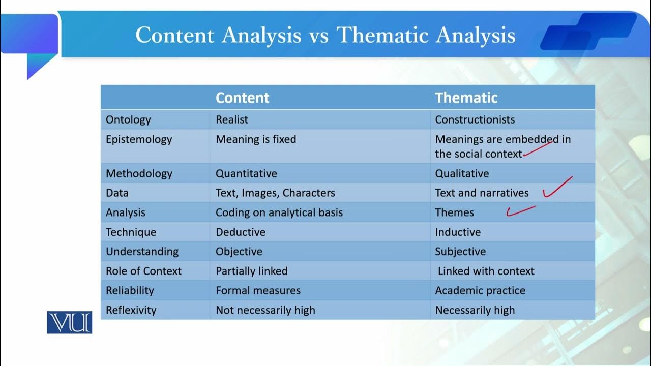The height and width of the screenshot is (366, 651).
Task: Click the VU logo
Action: pyautogui.click(x=69, y=322)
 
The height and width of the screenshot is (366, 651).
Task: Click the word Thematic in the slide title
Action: pyautogui.click(x=382, y=35)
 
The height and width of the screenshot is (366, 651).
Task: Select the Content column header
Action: pyautogui.click(x=242, y=98)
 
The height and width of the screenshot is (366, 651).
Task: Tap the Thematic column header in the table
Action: pyautogui.click(x=466, y=98)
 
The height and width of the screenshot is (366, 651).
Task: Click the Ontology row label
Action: pyautogui.click(x=128, y=120)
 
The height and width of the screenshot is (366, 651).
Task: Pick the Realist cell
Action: pyautogui.click(x=232, y=120)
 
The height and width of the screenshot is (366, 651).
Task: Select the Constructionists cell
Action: pyautogui.click(x=475, y=120)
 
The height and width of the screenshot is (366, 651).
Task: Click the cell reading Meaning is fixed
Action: pyautogui.click(x=256, y=139)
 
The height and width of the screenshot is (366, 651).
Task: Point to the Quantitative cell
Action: pyautogui.click(x=246, y=174)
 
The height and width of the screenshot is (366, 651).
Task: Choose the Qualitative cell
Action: pyautogui.click(x=462, y=174)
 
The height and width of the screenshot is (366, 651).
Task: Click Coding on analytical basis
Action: pyautogui.click(x=279, y=212)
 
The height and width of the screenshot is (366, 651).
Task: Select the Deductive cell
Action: pyautogui.click(x=240, y=232)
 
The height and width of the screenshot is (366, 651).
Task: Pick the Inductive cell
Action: pyautogui.click(x=458, y=232)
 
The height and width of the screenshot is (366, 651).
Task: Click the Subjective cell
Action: pyautogui.click(x=460, y=252)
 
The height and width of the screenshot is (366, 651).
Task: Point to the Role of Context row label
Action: pyautogui.click(x=143, y=271)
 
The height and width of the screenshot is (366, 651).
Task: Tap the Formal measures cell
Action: pyautogui.click(x=258, y=291)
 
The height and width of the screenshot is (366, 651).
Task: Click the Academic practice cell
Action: pyautogui.click(x=480, y=291)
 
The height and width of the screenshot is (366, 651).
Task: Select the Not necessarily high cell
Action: pyautogui.click(x=265, y=310)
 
